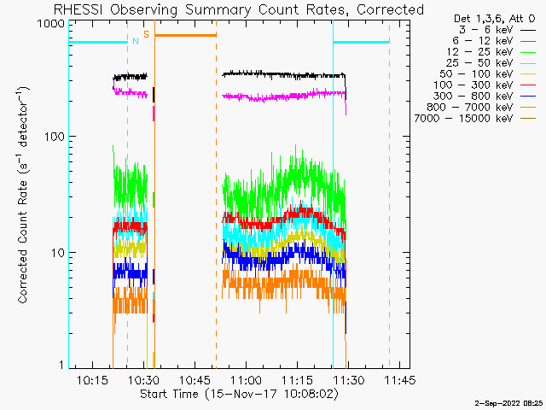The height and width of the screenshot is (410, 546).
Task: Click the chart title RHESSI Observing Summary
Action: [x=238, y=9]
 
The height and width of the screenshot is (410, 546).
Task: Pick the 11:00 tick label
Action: [x=246, y=380]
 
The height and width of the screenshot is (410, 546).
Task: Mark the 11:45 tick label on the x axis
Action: [x=398, y=380]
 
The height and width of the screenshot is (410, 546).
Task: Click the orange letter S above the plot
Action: [x=146, y=34]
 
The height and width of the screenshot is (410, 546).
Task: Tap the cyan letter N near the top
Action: [x=135, y=40]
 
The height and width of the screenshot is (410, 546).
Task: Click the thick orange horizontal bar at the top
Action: [x=185, y=35]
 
